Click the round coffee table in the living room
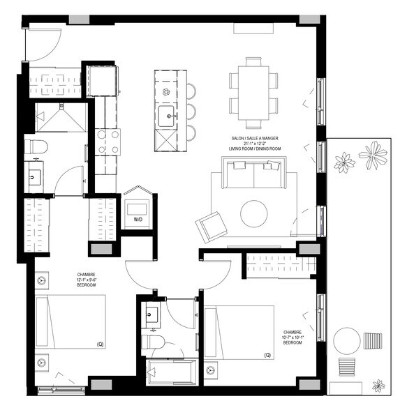[x=254, y=214]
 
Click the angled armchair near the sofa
[x=210, y=227]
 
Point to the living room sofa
[x=253, y=174]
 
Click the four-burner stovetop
[x=108, y=142]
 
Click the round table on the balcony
[x=347, y=342]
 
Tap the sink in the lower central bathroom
[x=152, y=316]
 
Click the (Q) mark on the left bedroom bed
[x=98, y=344]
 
